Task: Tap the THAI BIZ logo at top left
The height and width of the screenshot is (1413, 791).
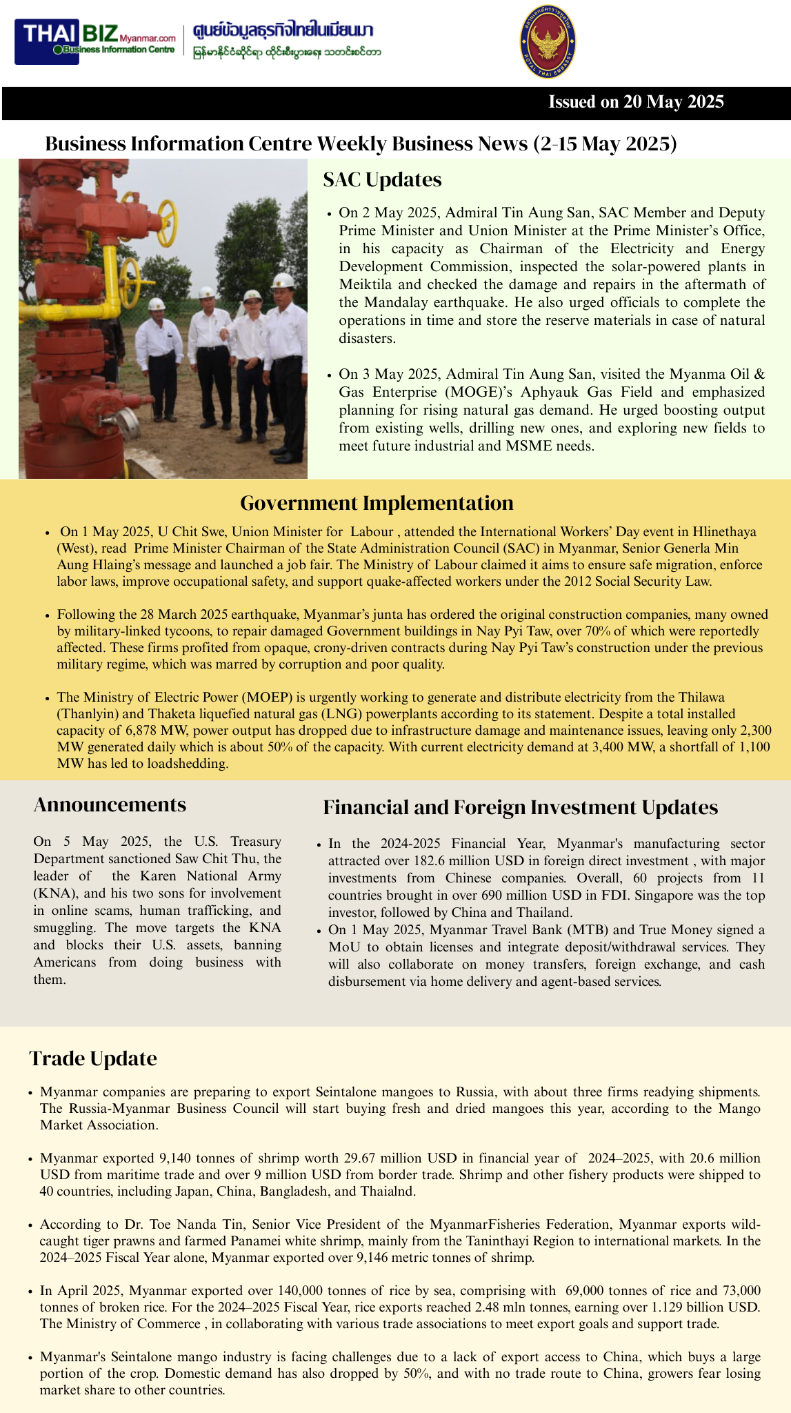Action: coord(99,41)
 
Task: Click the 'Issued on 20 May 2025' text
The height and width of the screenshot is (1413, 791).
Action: coord(636,102)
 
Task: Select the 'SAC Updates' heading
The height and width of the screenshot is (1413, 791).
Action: coord(382,180)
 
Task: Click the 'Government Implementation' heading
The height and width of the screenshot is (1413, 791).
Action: coord(377,503)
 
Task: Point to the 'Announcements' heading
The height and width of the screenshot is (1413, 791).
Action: coord(110,804)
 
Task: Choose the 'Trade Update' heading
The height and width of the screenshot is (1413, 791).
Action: coord(93,1058)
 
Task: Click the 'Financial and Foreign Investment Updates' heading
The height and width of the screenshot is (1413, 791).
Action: coord(520,807)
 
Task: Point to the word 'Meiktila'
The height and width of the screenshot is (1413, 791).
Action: coord(366,284)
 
